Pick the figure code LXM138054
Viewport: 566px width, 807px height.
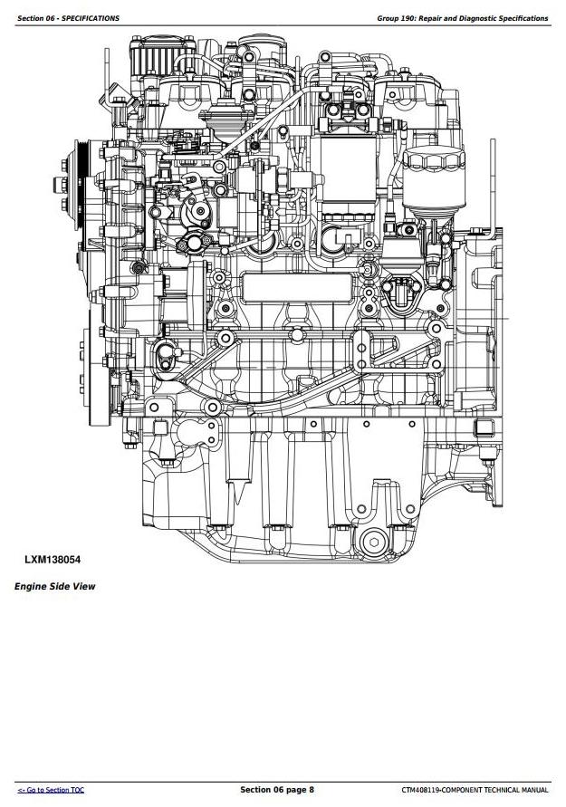click(53, 560)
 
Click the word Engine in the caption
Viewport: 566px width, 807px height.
click(30, 587)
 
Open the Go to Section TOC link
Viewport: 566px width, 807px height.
click(52, 791)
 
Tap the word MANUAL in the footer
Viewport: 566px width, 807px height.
click(533, 791)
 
